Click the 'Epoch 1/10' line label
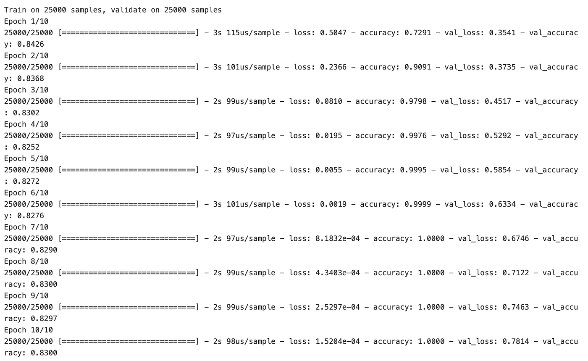(26, 21)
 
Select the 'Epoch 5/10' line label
(26, 158)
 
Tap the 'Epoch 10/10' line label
(29, 330)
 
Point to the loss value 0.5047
(333, 33)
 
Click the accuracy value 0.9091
(417, 67)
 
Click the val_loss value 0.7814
(516, 341)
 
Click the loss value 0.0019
(333, 204)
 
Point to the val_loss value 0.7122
(516, 273)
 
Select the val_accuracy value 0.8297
(44, 319)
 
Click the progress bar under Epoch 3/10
(128, 101)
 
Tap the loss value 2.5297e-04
(337, 307)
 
